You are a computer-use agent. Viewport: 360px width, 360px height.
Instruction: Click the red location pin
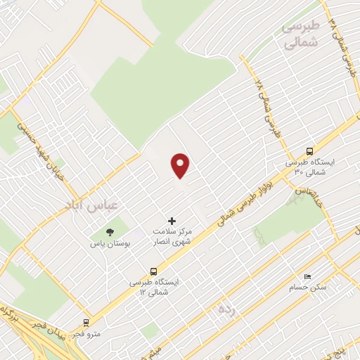point(181,165)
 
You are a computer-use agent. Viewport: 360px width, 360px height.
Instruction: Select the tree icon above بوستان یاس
point(109,232)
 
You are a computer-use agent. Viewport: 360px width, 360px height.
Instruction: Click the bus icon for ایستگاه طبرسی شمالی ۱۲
point(153,271)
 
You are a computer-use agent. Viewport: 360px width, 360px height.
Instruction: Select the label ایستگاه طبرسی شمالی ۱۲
point(153,286)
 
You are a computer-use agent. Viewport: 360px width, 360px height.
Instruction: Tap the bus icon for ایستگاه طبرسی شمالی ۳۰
point(309,151)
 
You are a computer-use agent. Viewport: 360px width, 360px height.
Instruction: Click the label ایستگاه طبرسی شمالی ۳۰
point(311,167)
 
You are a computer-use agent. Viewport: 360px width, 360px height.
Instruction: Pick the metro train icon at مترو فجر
point(86,323)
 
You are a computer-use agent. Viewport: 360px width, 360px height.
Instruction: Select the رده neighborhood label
point(226,310)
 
